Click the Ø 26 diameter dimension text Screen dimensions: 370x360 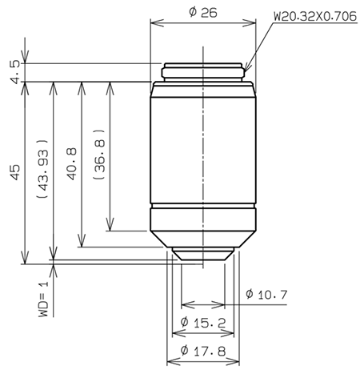[203, 12]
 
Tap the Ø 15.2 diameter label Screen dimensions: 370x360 [202, 323]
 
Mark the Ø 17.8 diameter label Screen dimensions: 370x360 [202, 350]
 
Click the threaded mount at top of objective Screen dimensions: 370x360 [203, 72]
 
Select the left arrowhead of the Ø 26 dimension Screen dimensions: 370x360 [154, 23]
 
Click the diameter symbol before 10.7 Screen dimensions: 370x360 [250, 294]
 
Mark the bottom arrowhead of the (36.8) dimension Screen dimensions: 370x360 [110, 227]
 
